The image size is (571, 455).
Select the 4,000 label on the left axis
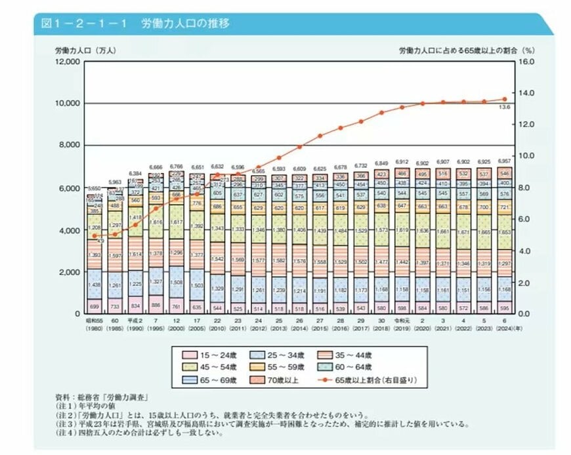pos(68,230)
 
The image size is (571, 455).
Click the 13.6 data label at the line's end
pos(505,107)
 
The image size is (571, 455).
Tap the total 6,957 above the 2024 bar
pos(505,161)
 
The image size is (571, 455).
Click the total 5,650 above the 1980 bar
pos(95,188)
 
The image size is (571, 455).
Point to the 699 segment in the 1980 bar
pos(95,306)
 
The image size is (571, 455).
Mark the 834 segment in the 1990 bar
pos(136,305)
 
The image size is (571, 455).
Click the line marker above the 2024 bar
pos(505,99)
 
